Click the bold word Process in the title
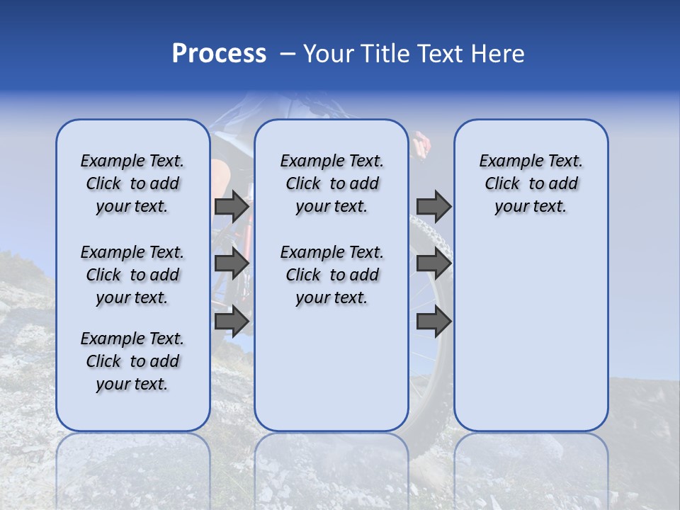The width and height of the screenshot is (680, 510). [x=219, y=54]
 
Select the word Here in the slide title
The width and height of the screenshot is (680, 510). [x=497, y=54]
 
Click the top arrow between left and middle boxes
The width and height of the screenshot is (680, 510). [x=232, y=206]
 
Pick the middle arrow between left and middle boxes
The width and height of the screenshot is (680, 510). [x=232, y=263]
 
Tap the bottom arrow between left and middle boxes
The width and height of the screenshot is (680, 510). [x=232, y=321]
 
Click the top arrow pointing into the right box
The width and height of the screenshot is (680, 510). [x=433, y=206]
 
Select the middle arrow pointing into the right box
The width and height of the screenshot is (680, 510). [x=433, y=263]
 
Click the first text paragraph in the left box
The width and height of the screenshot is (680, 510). [x=132, y=183]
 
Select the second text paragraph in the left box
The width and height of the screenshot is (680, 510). [x=132, y=275]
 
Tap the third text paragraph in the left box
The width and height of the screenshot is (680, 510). [x=132, y=361]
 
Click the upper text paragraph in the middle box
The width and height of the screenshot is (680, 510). [x=331, y=183]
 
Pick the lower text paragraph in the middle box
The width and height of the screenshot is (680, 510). [x=331, y=275]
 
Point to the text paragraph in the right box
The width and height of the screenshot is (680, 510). [x=531, y=183]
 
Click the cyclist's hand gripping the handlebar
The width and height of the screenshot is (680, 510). [x=422, y=145]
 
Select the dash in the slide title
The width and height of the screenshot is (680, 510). [x=288, y=54]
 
